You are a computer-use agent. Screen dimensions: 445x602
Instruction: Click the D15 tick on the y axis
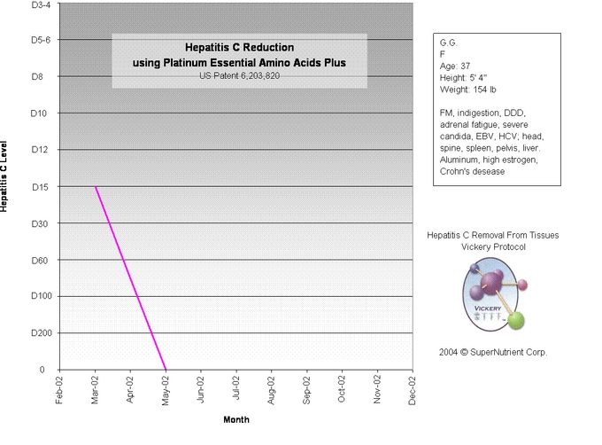(x=42, y=186)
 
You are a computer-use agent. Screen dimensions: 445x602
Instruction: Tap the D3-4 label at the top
(x=40, y=5)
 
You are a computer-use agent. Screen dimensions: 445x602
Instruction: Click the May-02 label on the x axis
(x=165, y=391)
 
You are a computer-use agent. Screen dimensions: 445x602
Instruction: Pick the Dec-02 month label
(x=412, y=391)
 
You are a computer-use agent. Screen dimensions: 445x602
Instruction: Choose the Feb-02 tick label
(x=59, y=391)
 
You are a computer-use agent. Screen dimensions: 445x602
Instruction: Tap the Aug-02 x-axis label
(x=271, y=391)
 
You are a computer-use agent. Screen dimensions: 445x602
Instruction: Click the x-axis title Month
(x=235, y=419)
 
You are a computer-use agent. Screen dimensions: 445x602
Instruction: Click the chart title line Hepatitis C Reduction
(x=239, y=47)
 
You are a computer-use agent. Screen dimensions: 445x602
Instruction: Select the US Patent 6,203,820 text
(x=239, y=76)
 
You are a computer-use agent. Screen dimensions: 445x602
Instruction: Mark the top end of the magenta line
(x=96, y=187)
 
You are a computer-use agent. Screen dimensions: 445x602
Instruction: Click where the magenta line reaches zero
(x=166, y=369)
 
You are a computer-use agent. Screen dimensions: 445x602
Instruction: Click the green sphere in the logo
(x=518, y=320)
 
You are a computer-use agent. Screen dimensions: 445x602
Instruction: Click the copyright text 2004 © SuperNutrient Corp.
(x=493, y=352)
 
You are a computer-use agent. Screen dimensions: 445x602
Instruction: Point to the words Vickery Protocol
(x=493, y=247)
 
